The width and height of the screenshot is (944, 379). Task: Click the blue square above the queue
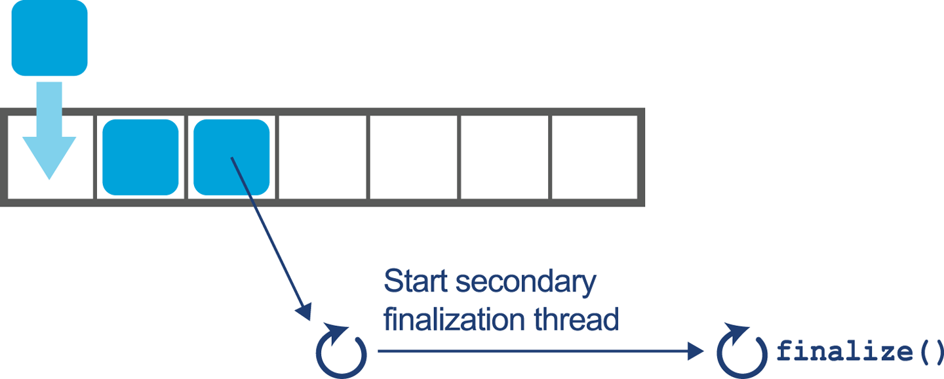click(49, 37)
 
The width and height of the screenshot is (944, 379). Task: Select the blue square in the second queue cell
click(140, 157)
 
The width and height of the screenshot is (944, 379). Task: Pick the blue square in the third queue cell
click(231, 157)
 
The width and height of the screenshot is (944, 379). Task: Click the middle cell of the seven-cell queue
click(323, 157)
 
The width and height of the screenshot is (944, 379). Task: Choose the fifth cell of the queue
click(414, 157)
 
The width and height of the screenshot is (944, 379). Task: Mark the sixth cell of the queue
click(505, 157)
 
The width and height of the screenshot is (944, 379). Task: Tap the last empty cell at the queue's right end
click(594, 157)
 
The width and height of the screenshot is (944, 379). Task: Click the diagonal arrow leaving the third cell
click(269, 236)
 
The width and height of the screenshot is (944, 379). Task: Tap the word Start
click(416, 281)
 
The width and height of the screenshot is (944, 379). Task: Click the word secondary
click(524, 283)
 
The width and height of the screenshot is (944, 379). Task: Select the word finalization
click(452, 319)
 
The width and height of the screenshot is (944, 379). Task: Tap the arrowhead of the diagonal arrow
click(305, 311)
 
